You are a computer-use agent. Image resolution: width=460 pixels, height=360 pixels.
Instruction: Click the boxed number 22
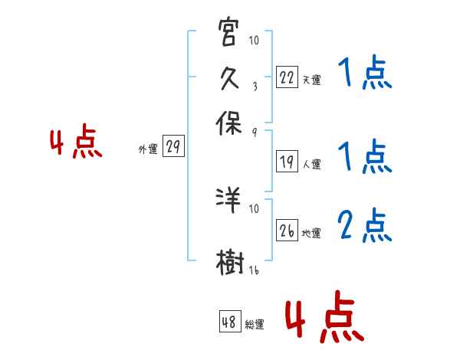287,77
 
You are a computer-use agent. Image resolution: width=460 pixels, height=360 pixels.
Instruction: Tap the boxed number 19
287,162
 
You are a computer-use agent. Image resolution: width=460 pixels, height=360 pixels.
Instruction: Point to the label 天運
311,80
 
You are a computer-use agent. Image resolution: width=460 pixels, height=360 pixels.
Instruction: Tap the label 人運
311,164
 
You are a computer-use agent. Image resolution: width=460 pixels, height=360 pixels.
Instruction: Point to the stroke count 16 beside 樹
254,270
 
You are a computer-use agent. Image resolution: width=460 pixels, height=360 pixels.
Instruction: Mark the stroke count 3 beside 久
255,86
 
